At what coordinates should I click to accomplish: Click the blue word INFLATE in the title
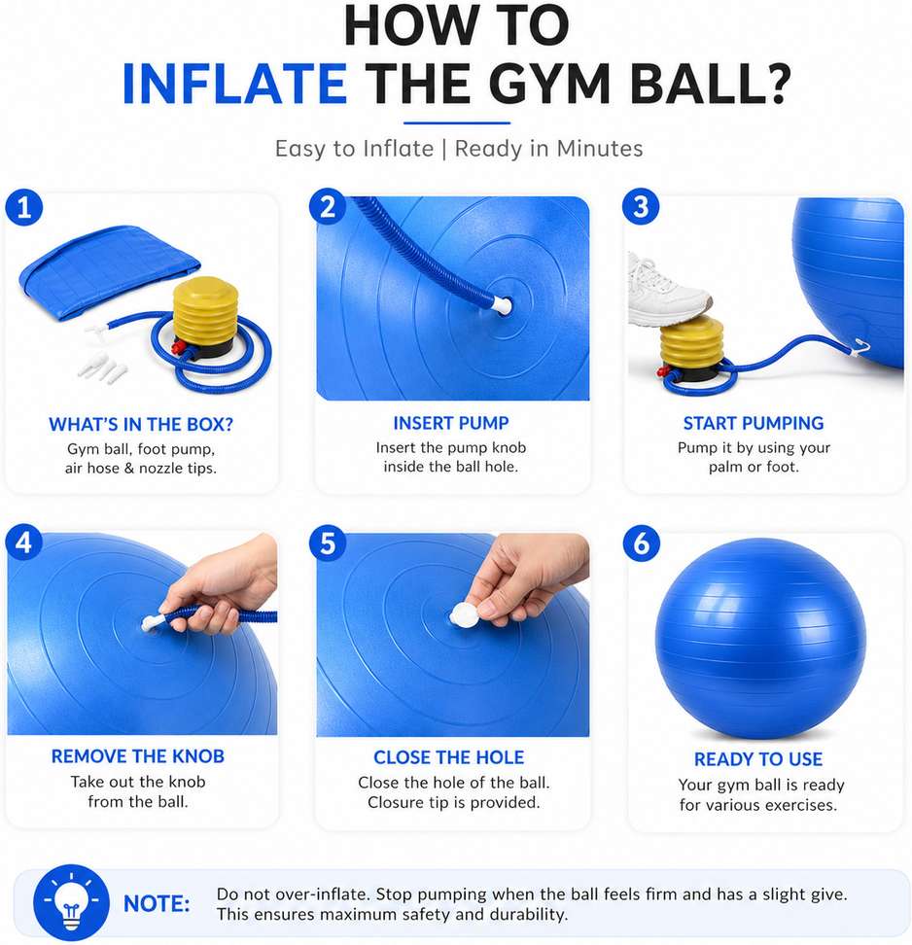tap(234, 84)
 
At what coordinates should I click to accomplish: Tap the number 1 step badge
tap(24, 208)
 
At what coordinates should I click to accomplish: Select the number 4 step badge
tap(24, 542)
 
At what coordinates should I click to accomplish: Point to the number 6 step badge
tap(642, 543)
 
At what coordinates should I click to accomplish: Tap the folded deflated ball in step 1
tap(109, 271)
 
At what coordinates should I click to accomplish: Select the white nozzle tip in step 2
tap(502, 304)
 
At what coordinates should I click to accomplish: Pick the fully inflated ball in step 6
tap(760, 638)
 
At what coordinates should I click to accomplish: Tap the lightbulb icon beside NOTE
tap(71, 902)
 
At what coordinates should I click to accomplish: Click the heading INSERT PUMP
tap(451, 423)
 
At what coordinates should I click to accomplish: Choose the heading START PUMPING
tap(754, 423)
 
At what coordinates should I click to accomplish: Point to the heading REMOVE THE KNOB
tap(137, 755)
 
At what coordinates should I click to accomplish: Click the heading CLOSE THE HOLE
tap(449, 757)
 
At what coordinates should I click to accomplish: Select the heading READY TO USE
tap(758, 758)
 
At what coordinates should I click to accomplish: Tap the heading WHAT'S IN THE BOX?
tap(141, 424)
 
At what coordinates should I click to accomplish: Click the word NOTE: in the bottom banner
tap(157, 903)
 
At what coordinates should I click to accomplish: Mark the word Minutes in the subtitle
tap(600, 148)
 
